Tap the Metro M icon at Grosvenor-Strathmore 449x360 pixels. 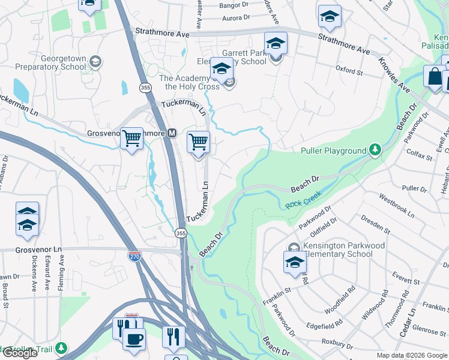tap(171, 133)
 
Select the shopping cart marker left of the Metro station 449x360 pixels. tap(131, 139)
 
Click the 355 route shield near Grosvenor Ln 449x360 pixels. tap(181, 233)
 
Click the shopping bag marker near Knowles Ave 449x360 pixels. tap(433, 77)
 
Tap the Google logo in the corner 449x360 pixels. tap(20, 353)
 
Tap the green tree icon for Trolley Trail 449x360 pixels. tap(61, 347)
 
